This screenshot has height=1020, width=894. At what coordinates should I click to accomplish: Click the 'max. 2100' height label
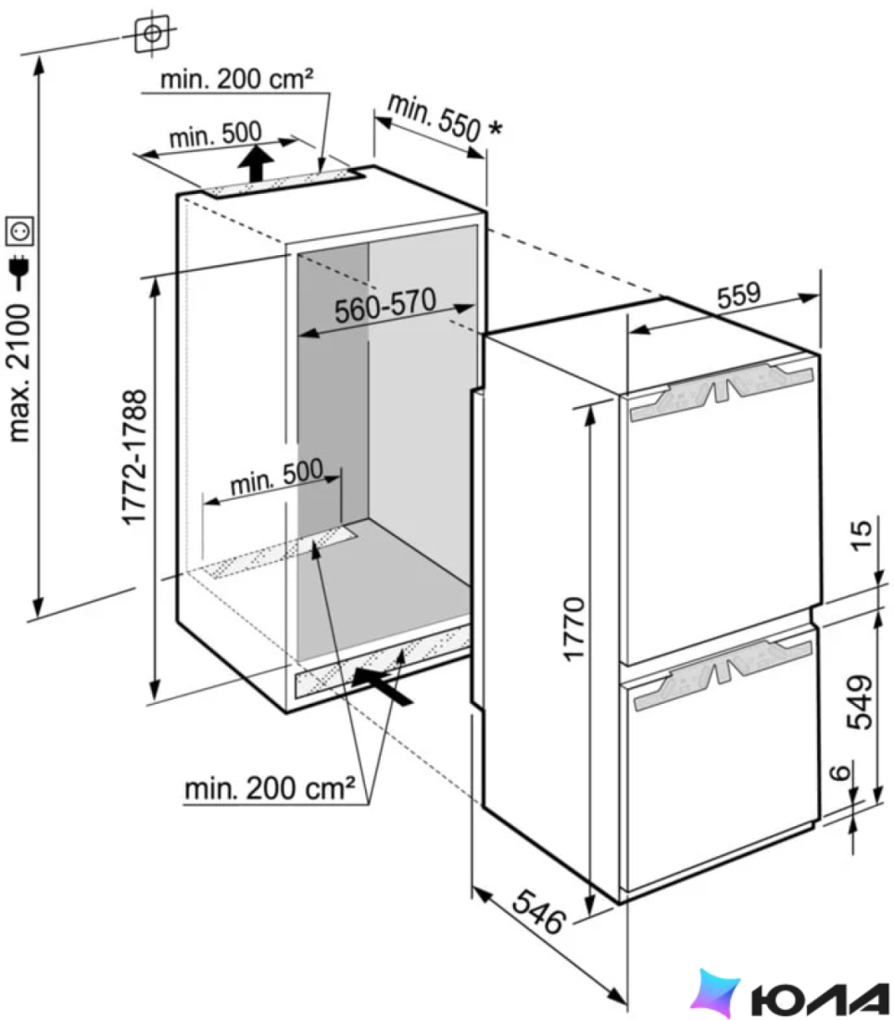(19, 374)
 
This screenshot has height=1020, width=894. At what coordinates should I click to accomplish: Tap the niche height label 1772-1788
(135, 457)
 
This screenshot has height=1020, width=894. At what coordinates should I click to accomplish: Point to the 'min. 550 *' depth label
(445, 117)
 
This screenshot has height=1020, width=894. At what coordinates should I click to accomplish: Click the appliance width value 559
(738, 295)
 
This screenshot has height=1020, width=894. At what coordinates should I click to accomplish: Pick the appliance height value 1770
(573, 629)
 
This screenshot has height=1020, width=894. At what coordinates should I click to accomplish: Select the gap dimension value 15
(862, 536)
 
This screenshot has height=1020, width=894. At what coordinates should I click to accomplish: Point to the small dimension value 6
(840, 772)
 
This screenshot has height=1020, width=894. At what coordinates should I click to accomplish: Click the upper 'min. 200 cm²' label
(236, 79)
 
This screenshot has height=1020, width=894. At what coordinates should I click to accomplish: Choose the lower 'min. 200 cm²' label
(270, 788)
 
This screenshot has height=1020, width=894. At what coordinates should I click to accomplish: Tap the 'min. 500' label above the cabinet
(215, 134)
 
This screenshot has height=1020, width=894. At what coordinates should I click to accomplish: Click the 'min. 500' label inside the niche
(276, 478)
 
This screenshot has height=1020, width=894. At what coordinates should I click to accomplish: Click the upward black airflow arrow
(258, 164)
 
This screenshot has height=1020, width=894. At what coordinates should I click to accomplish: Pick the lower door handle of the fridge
(724, 674)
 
